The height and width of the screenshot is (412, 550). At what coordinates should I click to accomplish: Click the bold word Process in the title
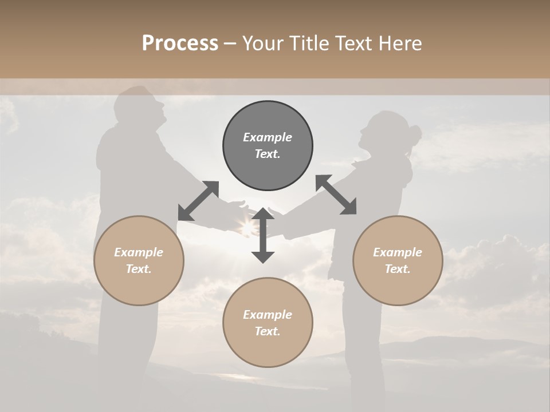point(180,43)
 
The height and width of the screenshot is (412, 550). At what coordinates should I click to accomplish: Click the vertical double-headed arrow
point(263,236)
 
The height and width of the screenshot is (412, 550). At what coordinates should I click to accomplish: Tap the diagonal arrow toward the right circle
point(336,195)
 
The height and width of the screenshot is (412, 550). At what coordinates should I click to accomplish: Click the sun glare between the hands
point(248,228)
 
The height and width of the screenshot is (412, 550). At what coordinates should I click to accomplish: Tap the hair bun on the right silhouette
point(415,135)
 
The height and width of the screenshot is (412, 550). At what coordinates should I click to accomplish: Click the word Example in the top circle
point(268,137)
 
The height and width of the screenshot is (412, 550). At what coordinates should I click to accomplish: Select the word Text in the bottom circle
point(266,331)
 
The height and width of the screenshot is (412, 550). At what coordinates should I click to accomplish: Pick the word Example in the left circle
point(139,252)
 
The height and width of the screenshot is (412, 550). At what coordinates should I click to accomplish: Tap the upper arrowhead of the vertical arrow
point(263,214)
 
